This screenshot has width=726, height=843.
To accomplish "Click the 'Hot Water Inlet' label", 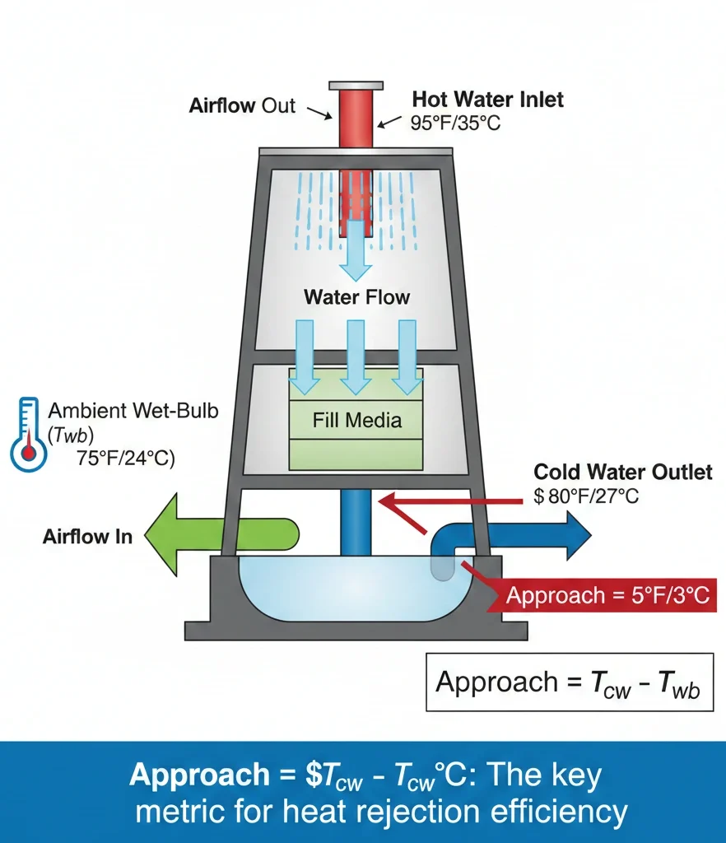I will coord(487,100).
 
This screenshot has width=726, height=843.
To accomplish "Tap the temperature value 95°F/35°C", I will coord(455,123).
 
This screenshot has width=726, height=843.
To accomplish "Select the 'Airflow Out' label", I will coord(242,105).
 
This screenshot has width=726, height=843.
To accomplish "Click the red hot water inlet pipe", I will coord(356,119).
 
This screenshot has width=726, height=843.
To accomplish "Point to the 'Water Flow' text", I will coord(356,296).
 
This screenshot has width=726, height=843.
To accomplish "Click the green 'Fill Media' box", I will coord(356,421).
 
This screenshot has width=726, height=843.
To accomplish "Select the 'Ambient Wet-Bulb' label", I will coord(133,410).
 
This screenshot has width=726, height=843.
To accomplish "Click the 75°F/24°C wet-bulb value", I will coord(126,459).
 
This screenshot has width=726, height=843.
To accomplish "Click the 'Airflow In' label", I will coord(87,538).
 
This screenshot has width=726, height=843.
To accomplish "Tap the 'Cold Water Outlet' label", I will coord(622,473).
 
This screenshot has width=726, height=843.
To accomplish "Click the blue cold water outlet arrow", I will coord(535,536).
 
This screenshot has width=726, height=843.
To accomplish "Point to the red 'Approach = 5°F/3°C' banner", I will coord(607,594).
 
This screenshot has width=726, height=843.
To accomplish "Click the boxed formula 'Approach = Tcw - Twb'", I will coord(568,682).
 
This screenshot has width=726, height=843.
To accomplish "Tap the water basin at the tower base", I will coord(354,589).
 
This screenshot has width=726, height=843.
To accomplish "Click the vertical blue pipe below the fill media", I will coord(356,523).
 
